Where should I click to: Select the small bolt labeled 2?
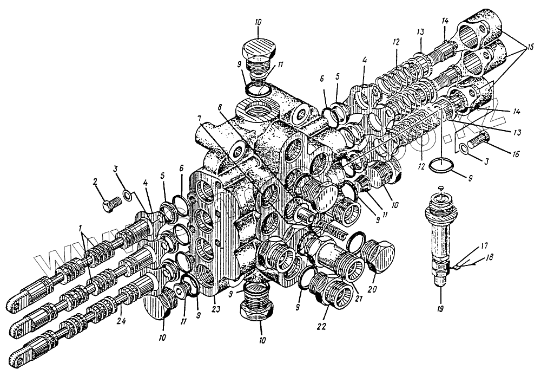(x=110, y=205)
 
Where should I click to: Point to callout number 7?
(x=200, y=118)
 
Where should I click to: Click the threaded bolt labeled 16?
(x=478, y=142)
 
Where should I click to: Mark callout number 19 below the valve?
(x=440, y=298)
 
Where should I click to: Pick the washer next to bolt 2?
(x=127, y=195)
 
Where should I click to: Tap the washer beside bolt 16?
(x=464, y=149)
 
